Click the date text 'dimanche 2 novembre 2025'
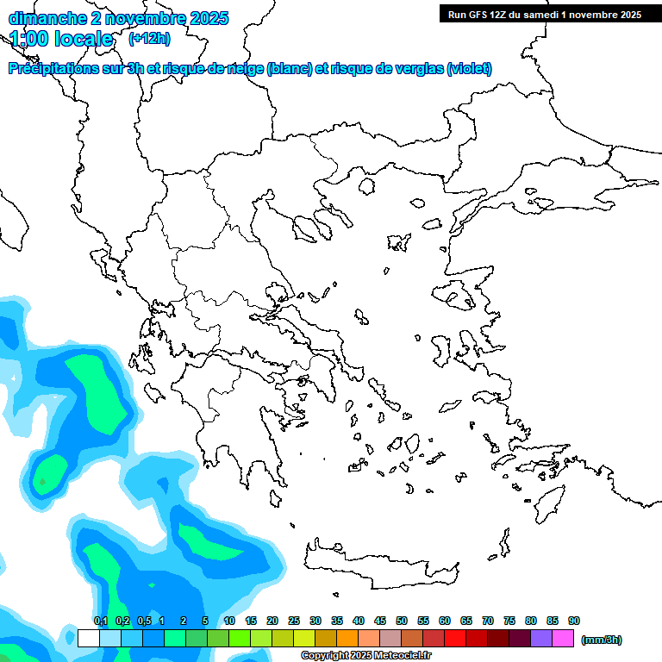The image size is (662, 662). point(118,18)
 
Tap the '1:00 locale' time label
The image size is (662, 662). point(61,39)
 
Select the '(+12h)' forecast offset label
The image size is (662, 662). point(149,39)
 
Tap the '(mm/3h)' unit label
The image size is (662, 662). point(602,640)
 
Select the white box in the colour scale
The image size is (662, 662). point(89,638)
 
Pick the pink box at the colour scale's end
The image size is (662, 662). point(563,638)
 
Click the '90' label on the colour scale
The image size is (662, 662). point(574,621)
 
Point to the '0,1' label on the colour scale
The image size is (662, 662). point(100,621)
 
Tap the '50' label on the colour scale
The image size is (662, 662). point(402,621)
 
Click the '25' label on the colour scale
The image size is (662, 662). point(294,621)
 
